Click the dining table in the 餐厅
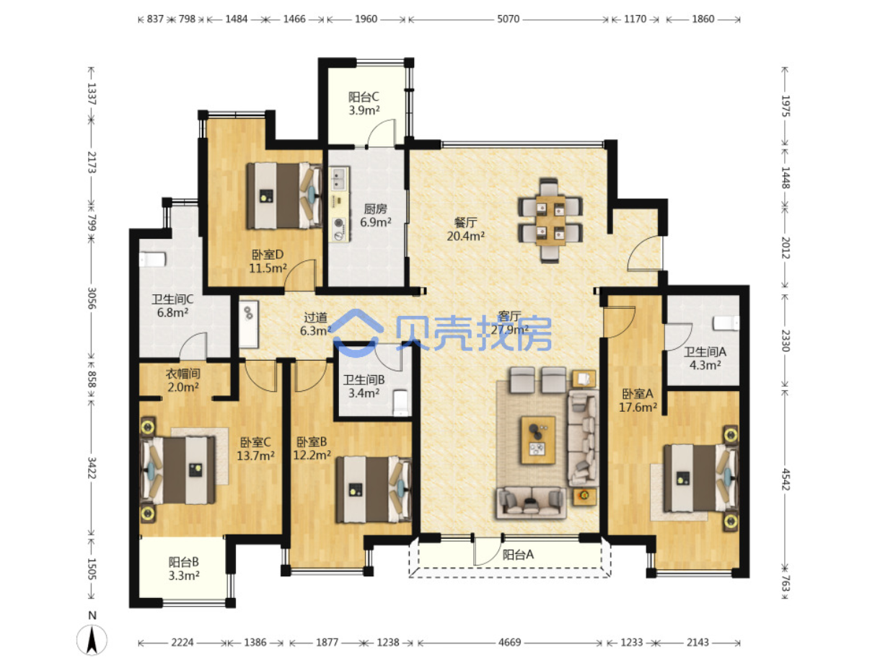551,221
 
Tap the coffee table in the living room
538,440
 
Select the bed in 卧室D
284,195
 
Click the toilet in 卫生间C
152,259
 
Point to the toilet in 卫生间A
726,323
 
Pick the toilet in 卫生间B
400,403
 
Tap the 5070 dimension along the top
508,19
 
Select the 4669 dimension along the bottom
509,643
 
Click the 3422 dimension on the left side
92,467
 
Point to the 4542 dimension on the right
785,479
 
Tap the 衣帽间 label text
182,374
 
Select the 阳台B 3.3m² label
184,568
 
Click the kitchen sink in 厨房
339,179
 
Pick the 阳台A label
518,555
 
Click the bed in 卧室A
701,478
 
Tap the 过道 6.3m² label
315,324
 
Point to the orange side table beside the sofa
584,496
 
